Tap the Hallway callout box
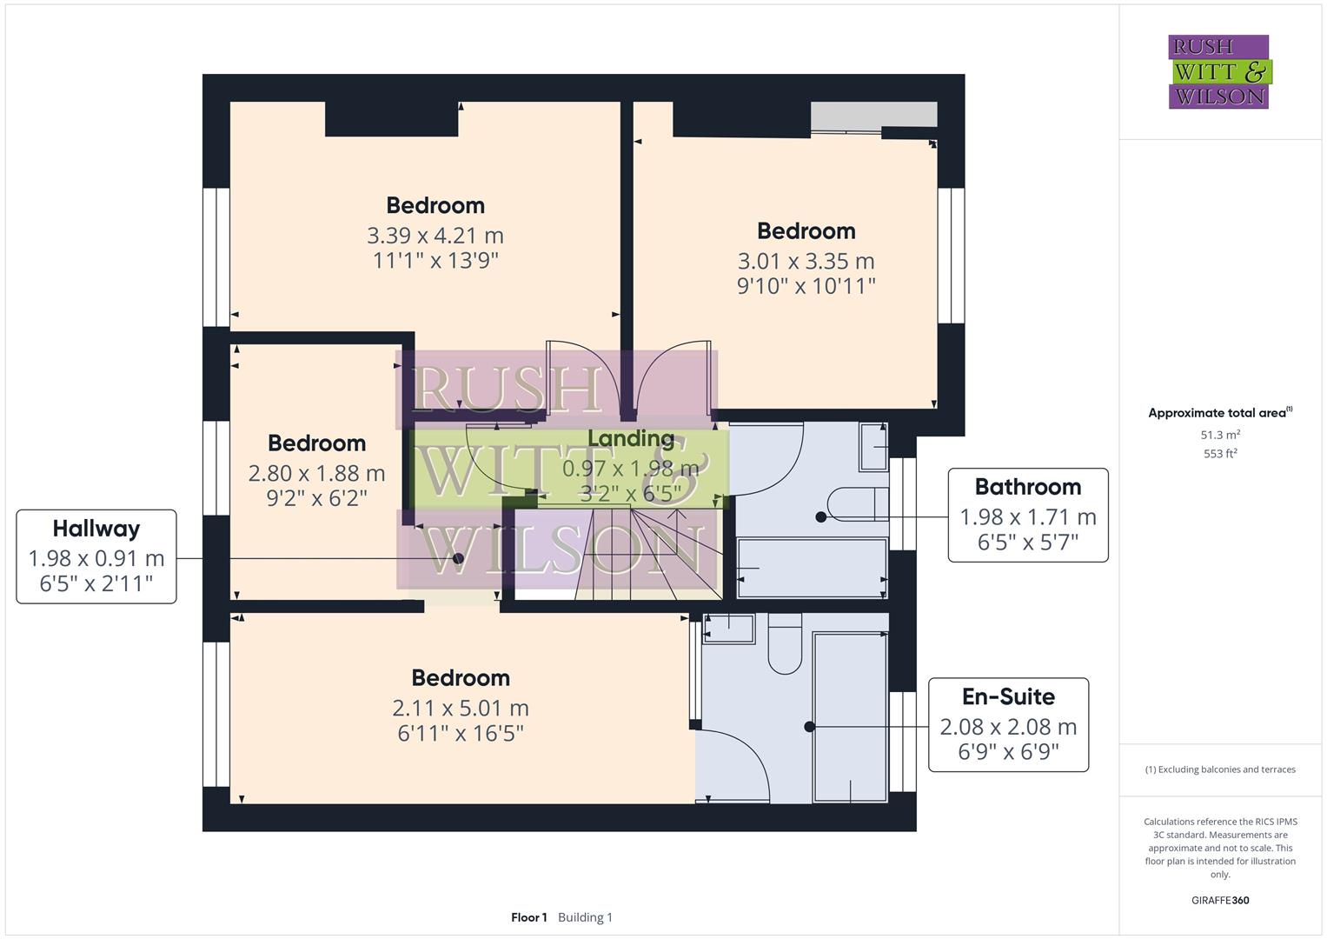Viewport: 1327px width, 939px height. point(96,556)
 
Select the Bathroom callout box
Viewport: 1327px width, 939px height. point(1027,516)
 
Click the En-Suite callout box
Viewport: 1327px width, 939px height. point(1008,725)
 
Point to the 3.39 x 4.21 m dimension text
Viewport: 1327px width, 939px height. point(435,236)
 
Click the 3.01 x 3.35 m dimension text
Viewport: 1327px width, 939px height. point(806,261)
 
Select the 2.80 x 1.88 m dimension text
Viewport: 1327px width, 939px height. point(316,474)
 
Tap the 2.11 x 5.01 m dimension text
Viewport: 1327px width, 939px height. point(460,709)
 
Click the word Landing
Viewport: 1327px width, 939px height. point(631,439)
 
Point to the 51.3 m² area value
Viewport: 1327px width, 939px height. point(1220,435)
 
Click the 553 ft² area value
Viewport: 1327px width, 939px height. point(1220,454)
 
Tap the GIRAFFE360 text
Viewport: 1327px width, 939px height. point(1219,900)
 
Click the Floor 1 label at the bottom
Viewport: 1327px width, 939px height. point(528,917)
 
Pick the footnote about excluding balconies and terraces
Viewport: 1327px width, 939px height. point(1219,769)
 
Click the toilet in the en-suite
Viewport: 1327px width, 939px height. point(785,647)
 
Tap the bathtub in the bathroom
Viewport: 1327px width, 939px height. point(811,568)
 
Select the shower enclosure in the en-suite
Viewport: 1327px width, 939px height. point(850,716)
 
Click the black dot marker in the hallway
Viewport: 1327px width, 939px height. point(459,558)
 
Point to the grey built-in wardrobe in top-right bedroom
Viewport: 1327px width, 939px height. point(873,115)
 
